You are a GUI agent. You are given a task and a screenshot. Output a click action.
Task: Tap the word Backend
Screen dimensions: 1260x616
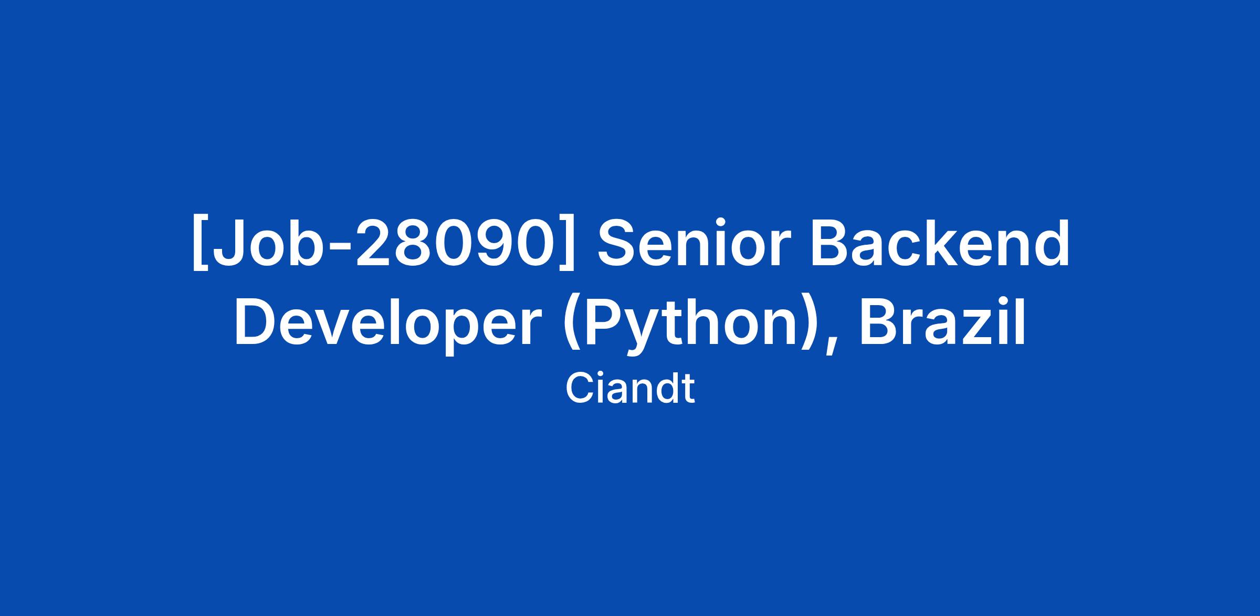pyautogui.click(x=940, y=243)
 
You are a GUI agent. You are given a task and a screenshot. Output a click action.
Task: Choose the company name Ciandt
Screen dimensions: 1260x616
pyautogui.click(x=630, y=389)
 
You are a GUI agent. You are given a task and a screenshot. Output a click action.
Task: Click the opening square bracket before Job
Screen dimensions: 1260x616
pyautogui.click(x=200, y=243)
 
